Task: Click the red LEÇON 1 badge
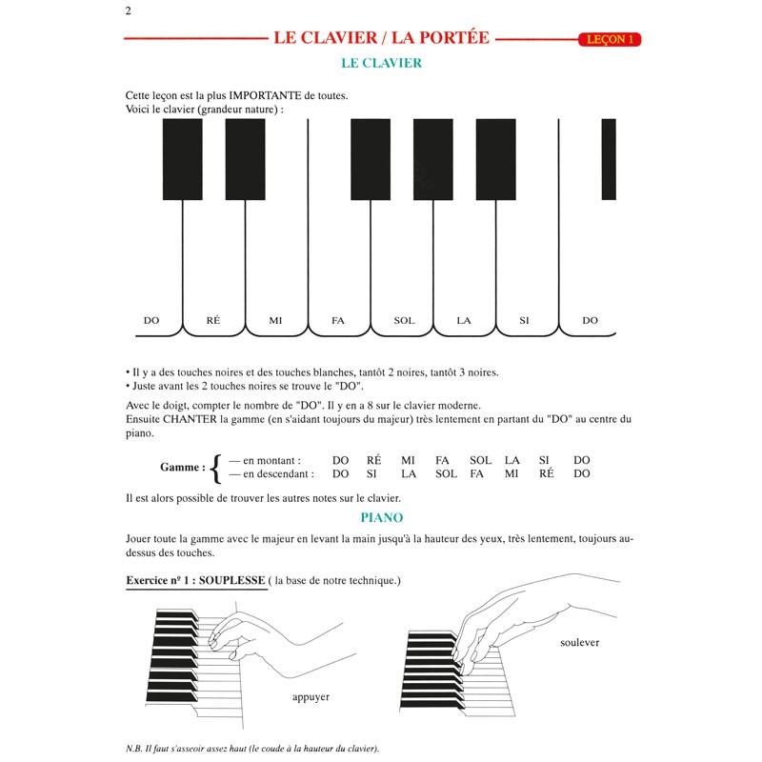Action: coord(608,40)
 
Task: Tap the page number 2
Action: coord(127,11)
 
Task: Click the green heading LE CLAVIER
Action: coord(381,64)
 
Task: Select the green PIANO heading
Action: coord(381,517)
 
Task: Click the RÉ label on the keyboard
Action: coord(213,321)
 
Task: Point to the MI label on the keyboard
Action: coord(275,321)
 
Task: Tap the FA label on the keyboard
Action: coord(337,321)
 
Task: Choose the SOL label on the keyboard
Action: coord(404,321)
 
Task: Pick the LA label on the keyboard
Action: coord(464,321)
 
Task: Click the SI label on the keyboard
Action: coord(524,321)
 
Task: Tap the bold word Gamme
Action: coord(182,467)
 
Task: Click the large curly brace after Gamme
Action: coord(216,467)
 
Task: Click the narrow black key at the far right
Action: coord(609,159)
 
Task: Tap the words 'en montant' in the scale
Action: coord(272,460)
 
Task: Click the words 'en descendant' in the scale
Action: coord(279,473)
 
